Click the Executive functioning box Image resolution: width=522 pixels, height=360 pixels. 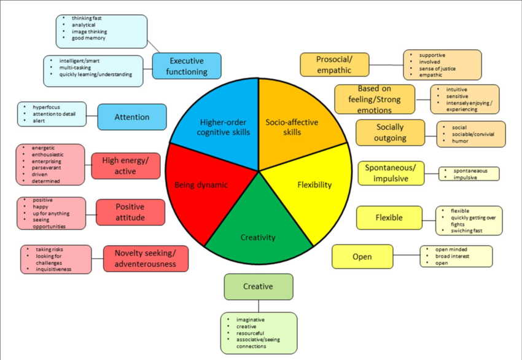[x=187, y=66]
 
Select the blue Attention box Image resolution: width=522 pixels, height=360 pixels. [x=131, y=117]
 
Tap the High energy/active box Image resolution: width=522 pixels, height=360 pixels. [x=125, y=166]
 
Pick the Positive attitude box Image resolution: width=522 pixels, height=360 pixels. [x=130, y=212]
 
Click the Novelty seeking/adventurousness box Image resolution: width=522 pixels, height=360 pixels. [x=146, y=258]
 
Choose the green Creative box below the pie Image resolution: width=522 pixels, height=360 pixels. [x=258, y=286]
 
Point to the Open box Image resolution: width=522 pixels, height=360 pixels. [x=362, y=256]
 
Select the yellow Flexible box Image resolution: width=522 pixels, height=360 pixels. [x=389, y=217]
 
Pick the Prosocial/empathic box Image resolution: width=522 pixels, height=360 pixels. [x=334, y=65]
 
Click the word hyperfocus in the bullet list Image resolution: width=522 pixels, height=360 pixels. [x=47, y=107]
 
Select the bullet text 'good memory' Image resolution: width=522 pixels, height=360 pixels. [x=88, y=38]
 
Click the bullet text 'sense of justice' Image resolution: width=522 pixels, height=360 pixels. [x=437, y=68]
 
